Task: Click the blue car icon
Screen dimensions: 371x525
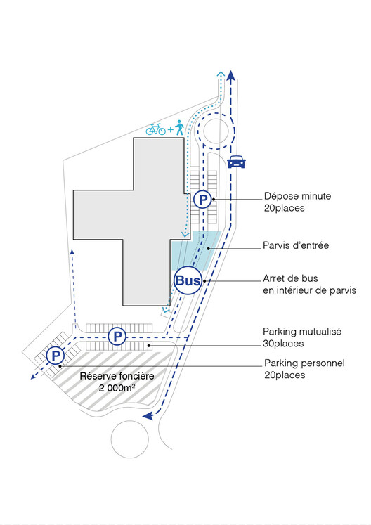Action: pos(236,162)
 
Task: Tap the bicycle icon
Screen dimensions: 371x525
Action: pos(156,129)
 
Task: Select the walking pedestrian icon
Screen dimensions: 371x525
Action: pos(179,128)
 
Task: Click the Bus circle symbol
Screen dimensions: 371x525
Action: pos(188,280)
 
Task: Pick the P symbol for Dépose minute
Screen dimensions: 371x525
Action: pos(203,200)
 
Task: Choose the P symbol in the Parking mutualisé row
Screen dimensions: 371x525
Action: pos(117,336)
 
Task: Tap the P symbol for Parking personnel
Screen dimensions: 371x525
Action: pos(56,356)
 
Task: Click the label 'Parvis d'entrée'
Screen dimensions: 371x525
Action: pos(296,245)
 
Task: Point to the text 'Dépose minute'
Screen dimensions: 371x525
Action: pos(297,196)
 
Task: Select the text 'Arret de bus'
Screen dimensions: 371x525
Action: pos(290,278)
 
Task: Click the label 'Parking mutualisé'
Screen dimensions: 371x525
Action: pos(302,332)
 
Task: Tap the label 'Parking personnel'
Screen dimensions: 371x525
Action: pos(304,363)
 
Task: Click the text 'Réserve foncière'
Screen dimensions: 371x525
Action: pos(117,376)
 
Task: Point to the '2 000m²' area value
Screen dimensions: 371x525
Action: pos(117,388)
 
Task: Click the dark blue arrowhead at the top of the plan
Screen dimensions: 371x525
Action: pos(230,75)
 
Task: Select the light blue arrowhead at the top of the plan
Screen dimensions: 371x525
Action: pos(221,74)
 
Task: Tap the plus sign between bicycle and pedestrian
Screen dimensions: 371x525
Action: pos(171,129)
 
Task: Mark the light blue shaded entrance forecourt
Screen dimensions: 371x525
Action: pos(196,250)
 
